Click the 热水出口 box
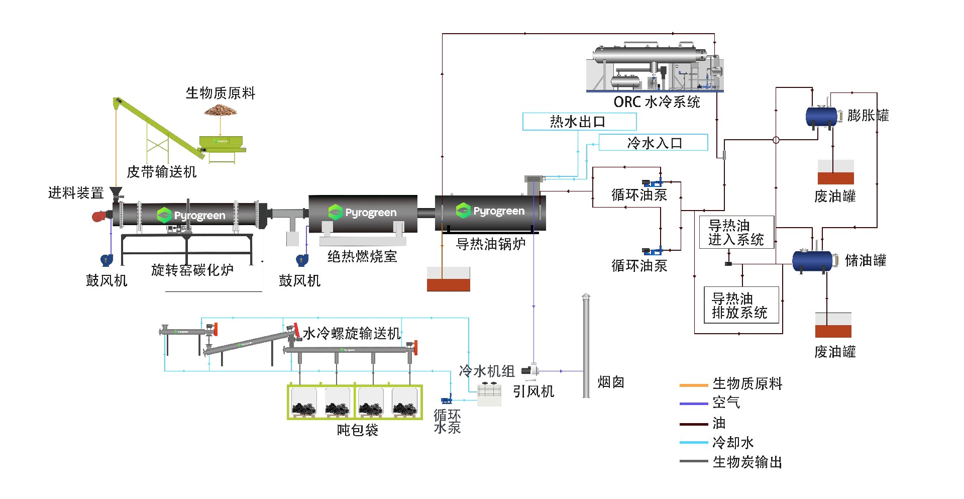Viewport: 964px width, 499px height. click(x=579, y=122)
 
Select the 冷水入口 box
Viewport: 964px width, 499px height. click(x=653, y=143)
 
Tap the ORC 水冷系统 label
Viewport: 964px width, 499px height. click(x=657, y=102)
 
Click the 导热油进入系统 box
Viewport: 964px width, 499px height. click(x=736, y=232)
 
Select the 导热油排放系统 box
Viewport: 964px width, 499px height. click(x=741, y=305)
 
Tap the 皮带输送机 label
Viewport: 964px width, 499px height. click(x=162, y=172)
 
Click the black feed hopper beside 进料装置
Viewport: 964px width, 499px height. click(x=117, y=192)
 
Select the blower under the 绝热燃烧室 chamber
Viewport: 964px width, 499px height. click(x=301, y=260)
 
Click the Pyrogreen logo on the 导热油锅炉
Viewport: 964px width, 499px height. click(x=490, y=211)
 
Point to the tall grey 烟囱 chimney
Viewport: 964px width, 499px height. click(x=586, y=347)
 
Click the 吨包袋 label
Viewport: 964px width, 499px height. click(x=357, y=430)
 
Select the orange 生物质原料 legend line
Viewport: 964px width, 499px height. click(x=693, y=385)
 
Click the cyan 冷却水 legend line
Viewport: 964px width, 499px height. click(x=693, y=443)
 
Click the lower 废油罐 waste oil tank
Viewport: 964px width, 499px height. click(x=833, y=325)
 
